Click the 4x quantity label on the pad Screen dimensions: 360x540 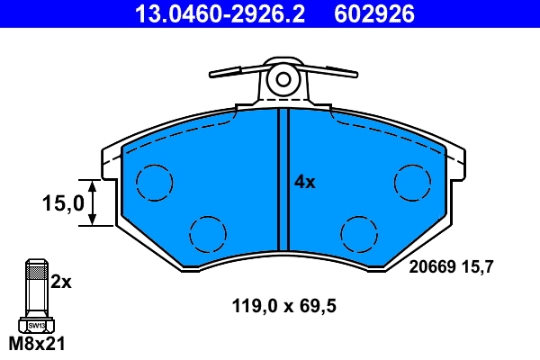305,182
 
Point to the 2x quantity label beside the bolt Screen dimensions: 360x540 60,281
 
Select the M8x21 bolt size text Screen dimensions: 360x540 37,344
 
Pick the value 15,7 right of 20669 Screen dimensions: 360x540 480,266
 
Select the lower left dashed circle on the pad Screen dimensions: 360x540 207,234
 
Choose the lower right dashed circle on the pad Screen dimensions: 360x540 361,234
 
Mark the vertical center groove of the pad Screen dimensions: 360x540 283,180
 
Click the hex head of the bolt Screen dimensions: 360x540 36,324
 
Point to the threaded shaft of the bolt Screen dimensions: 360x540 36,288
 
